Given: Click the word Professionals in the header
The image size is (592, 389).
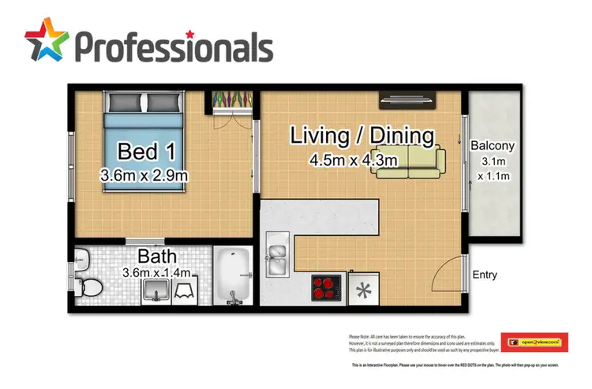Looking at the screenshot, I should pos(174,47).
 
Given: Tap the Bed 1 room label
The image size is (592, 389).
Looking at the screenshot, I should pos(141,151).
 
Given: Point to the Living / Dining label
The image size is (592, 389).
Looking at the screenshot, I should pos(362,136).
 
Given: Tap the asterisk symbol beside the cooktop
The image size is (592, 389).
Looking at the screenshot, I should pos(365,290).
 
